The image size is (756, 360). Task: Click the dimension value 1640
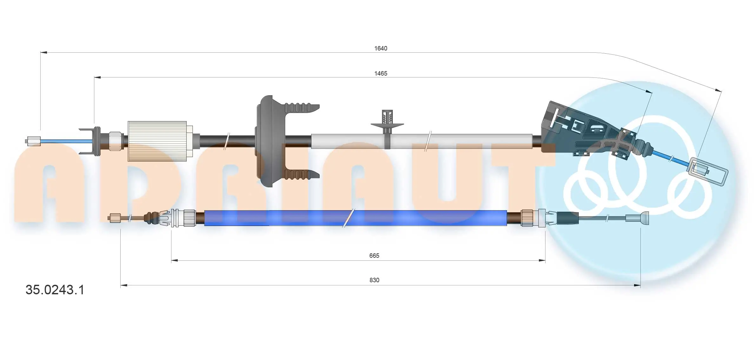pos(380,48)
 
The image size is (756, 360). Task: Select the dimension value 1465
pos(380,73)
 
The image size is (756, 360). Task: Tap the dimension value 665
pos(374,256)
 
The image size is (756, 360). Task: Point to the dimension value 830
pos(374,280)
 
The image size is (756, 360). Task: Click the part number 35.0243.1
pos(55,290)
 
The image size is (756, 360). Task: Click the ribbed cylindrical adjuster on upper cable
pos(157,141)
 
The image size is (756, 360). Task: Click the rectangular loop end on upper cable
pos(707,171)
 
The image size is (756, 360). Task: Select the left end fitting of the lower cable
pos(115,218)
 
